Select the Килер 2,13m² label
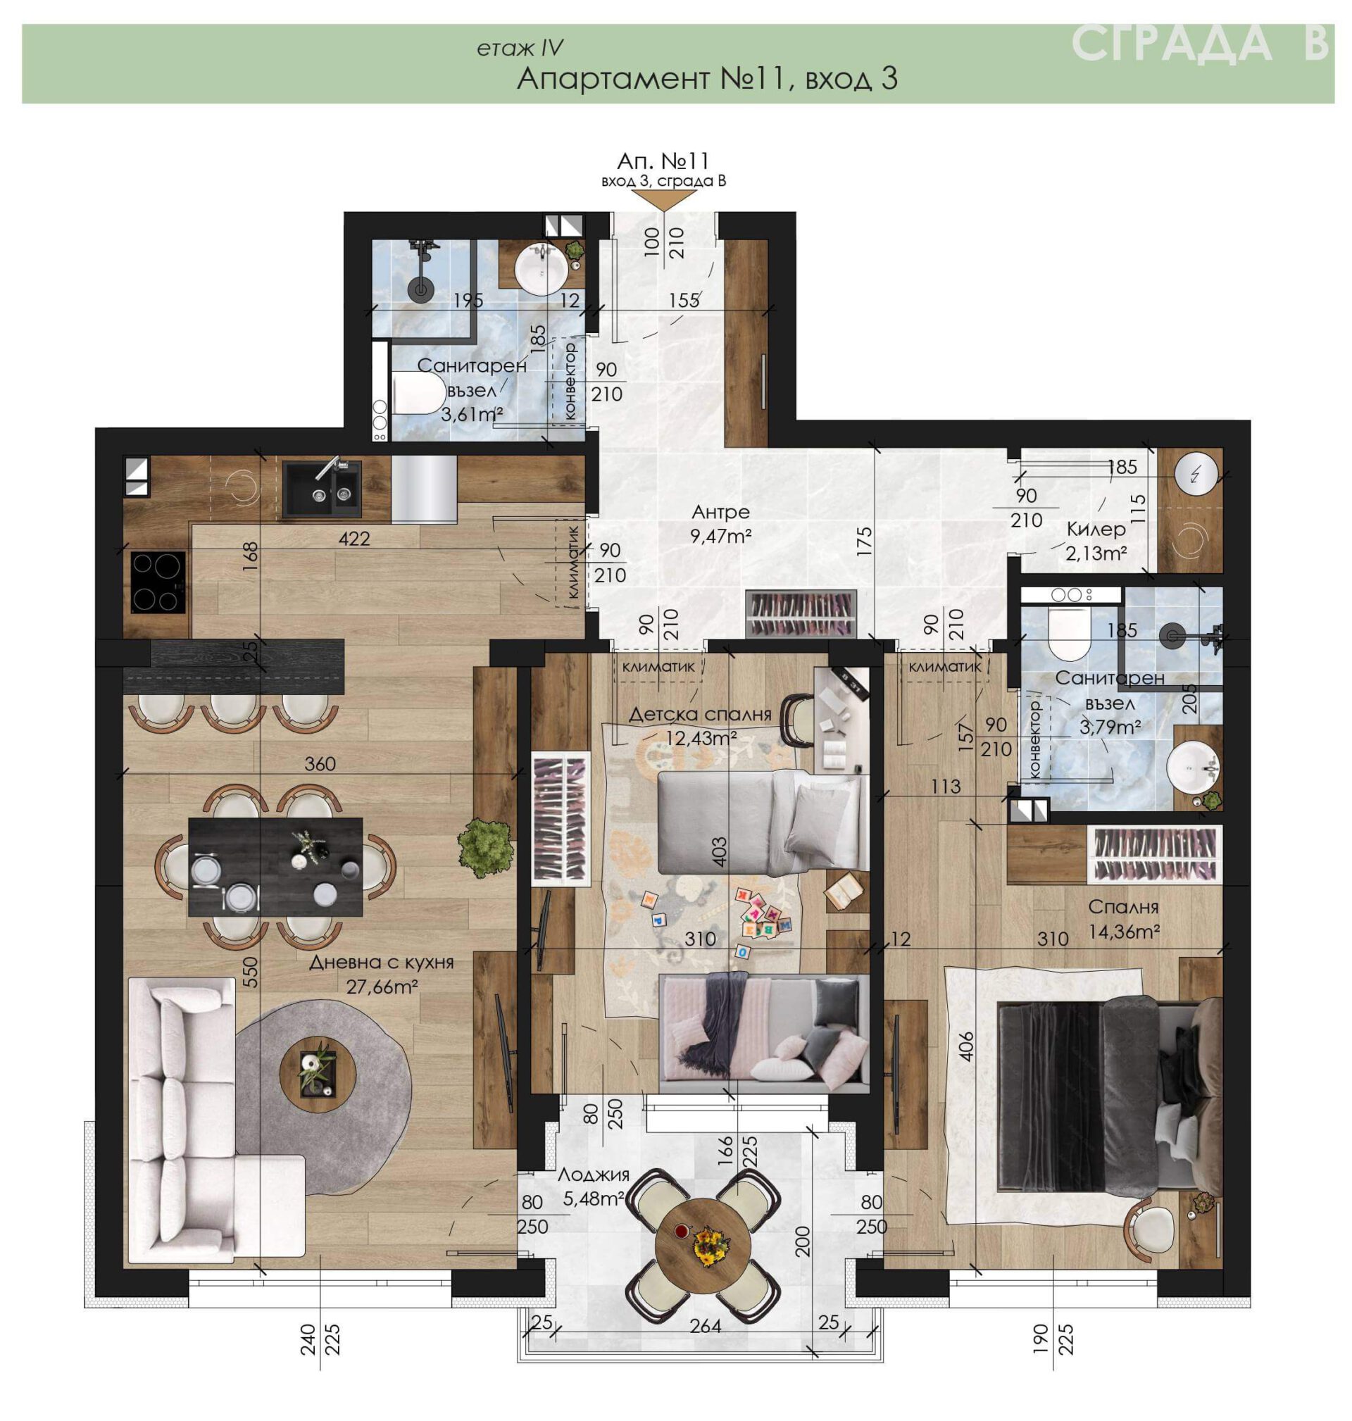[x=1096, y=540]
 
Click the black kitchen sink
[x=321, y=489]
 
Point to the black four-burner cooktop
[x=158, y=582]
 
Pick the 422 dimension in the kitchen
[x=355, y=538]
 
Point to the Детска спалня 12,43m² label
[x=701, y=725]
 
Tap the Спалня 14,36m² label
[x=1124, y=920]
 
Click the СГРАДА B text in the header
[x=1200, y=43]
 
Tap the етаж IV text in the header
[x=519, y=49]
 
